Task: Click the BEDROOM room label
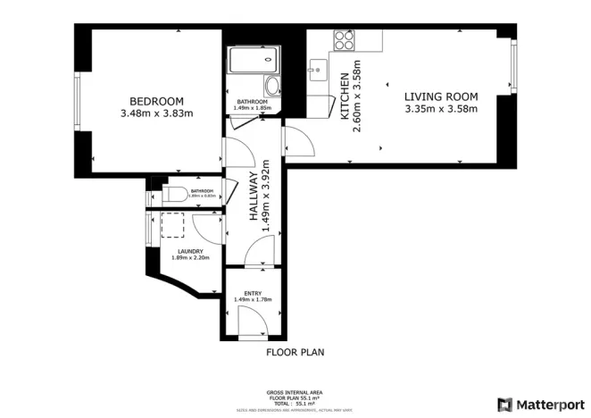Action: (156, 100)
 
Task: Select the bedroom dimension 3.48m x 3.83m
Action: (156, 113)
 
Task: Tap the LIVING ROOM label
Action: (441, 96)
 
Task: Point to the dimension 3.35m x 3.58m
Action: (441, 110)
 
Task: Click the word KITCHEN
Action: (345, 96)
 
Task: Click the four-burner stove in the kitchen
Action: (345, 39)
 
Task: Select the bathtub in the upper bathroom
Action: (251, 62)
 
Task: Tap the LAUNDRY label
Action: (189, 251)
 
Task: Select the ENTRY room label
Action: (253, 292)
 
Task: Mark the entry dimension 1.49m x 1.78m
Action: (253, 299)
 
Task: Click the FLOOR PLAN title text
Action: (295, 353)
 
